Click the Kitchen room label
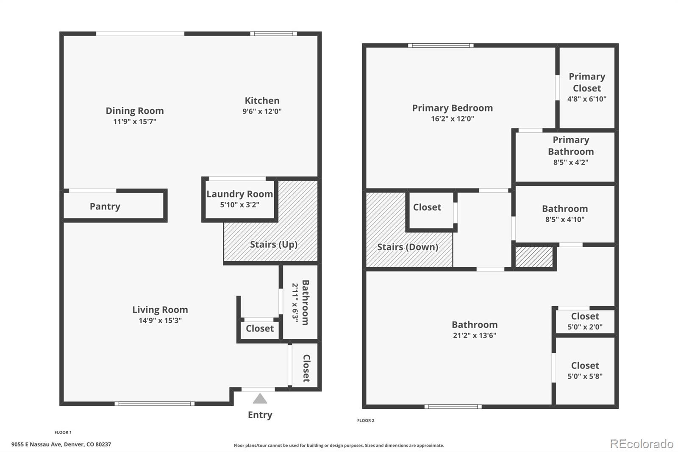coord(262,101)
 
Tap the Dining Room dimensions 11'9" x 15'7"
coord(135,122)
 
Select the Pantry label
coord(105,206)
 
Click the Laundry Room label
coord(239,194)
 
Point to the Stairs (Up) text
coord(273,244)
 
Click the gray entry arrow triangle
coord(260,399)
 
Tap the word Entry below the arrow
coord(260,415)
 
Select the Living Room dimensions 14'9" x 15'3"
coord(160,321)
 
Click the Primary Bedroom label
coord(452,108)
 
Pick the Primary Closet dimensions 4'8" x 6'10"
coord(586,99)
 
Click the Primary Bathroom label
coord(570,145)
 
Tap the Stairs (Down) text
coord(407,247)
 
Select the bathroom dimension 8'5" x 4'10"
coord(564,220)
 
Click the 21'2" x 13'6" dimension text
coord(474,335)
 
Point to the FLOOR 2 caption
coord(366,421)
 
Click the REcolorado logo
coord(641,444)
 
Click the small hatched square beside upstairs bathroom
coord(534,257)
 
